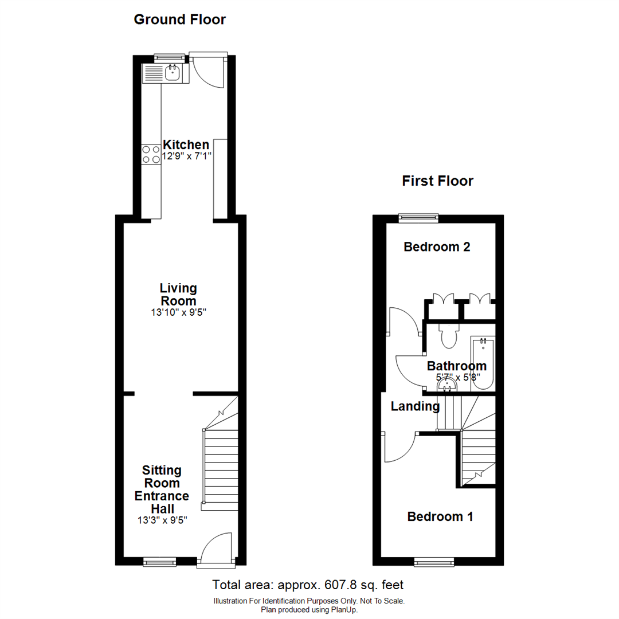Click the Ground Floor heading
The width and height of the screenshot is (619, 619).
pyautogui.click(x=179, y=19)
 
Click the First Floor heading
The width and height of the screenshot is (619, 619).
pyautogui.click(x=437, y=181)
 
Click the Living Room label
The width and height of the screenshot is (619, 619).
pyautogui.click(x=178, y=294)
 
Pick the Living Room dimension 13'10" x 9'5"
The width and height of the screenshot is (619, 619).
pyautogui.click(x=178, y=313)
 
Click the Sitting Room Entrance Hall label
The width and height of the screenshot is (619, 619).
pyautogui.click(x=162, y=489)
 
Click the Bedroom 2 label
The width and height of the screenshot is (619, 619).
pyautogui.click(x=437, y=247)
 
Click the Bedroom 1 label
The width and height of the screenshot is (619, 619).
pyautogui.click(x=440, y=516)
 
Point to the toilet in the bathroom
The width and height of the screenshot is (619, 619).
pyautogui.click(x=446, y=336)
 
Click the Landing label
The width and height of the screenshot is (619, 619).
pyautogui.click(x=415, y=406)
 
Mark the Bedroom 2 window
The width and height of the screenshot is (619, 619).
pyautogui.click(x=418, y=217)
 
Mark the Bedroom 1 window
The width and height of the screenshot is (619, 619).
pyautogui.click(x=434, y=563)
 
